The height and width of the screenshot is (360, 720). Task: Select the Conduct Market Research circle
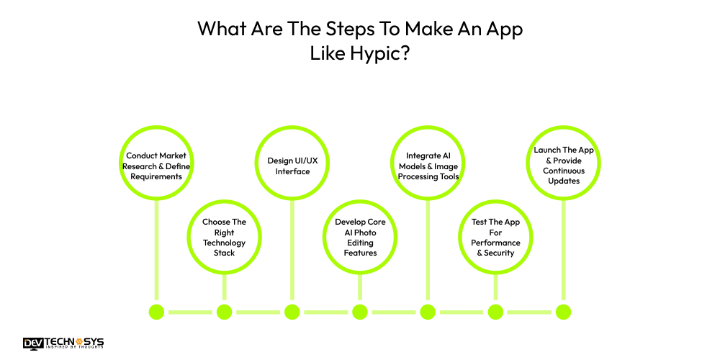click(156, 166)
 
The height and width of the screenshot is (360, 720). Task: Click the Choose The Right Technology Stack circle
click(224, 233)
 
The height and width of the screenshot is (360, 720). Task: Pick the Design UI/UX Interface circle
click(292, 166)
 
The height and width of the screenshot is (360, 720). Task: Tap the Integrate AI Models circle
click(428, 166)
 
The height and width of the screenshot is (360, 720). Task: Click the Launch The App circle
click(563, 166)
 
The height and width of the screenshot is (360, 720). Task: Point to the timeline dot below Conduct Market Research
click(156, 312)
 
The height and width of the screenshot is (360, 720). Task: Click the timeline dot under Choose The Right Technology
click(224, 312)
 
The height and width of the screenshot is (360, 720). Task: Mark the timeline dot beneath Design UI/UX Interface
click(292, 312)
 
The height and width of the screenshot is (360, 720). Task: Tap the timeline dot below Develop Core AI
click(360, 312)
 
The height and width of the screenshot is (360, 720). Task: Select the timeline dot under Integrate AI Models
click(428, 312)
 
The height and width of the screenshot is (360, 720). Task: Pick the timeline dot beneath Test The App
click(495, 312)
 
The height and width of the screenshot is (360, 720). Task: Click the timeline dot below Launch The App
click(563, 312)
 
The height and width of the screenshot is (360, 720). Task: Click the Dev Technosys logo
click(63, 343)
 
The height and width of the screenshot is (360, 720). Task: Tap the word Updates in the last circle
click(564, 181)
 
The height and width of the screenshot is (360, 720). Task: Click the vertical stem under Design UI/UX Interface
click(292, 252)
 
